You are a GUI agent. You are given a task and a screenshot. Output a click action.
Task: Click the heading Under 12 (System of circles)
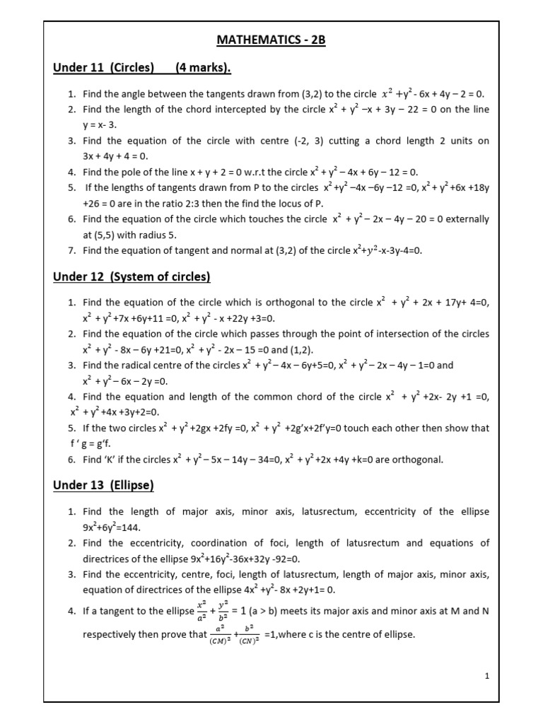pyautogui.click(x=132, y=276)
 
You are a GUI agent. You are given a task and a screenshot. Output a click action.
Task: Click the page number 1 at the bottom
pyautogui.click(x=487, y=676)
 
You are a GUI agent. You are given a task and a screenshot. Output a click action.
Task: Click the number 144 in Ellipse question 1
pyautogui.click(x=144, y=527)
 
